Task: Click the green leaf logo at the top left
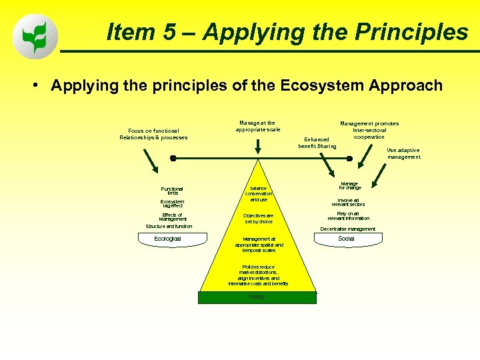pyautogui.click(x=35, y=37)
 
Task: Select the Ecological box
pyautogui.click(x=167, y=239)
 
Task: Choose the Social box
pyautogui.click(x=346, y=239)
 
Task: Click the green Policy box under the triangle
pyautogui.click(x=257, y=297)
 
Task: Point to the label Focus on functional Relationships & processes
pyautogui.click(x=153, y=134)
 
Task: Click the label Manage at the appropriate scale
pyautogui.click(x=257, y=126)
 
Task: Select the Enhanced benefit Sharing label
pyautogui.click(x=317, y=143)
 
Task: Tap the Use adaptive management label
pyautogui.click(x=403, y=153)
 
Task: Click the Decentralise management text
pyautogui.click(x=347, y=229)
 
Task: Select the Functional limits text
pyautogui.click(x=171, y=191)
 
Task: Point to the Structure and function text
pyautogui.click(x=169, y=226)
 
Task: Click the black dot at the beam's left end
pyautogui.click(x=173, y=158)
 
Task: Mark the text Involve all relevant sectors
pyautogui.click(x=348, y=201)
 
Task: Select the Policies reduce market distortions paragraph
pyautogui.click(x=258, y=275)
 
